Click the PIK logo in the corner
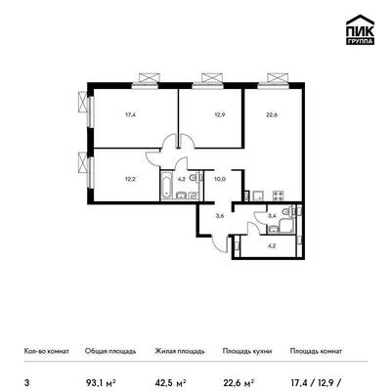click(x=360, y=29)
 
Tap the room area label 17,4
click(x=131, y=114)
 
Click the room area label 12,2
click(x=131, y=179)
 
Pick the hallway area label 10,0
click(x=220, y=179)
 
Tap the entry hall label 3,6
click(x=220, y=215)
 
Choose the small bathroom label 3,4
click(x=272, y=215)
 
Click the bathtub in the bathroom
click(x=167, y=185)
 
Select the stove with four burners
click(x=279, y=195)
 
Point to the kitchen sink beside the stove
click(x=258, y=195)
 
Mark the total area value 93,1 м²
click(x=101, y=382)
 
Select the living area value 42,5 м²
click(x=170, y=382)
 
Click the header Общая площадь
click(x=110, y=351)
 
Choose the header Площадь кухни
click(x=247, y=351)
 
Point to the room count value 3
click(x=26, y=382)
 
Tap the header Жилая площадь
click(x=180, y=351)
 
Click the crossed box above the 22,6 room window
click(x=278, y=77)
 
